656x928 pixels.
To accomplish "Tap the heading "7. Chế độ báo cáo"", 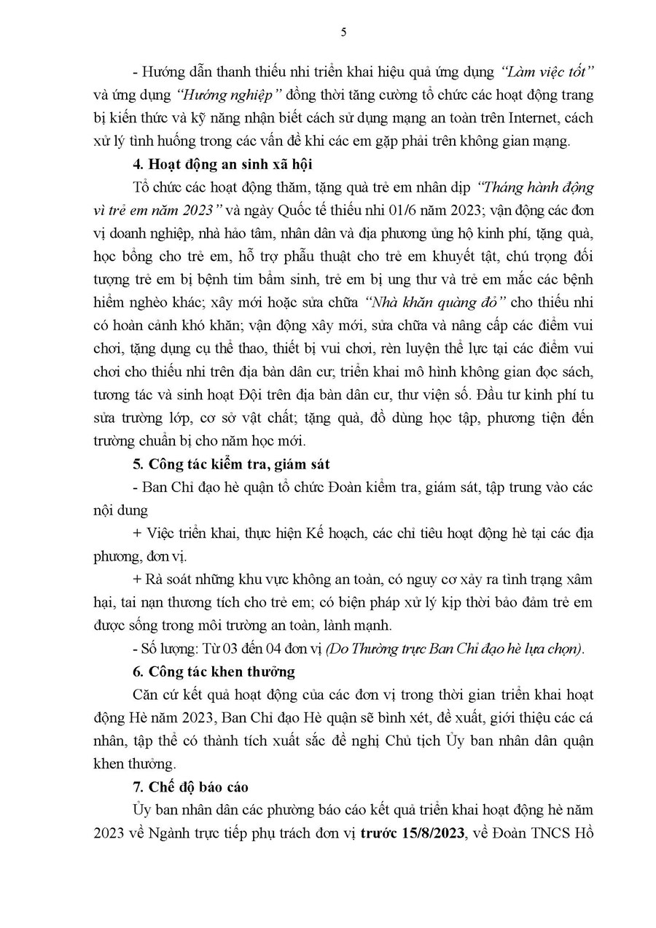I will pyautogui.click(x=190, y=787).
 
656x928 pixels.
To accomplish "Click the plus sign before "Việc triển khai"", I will pyautogui.click(x=138, y=534).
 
